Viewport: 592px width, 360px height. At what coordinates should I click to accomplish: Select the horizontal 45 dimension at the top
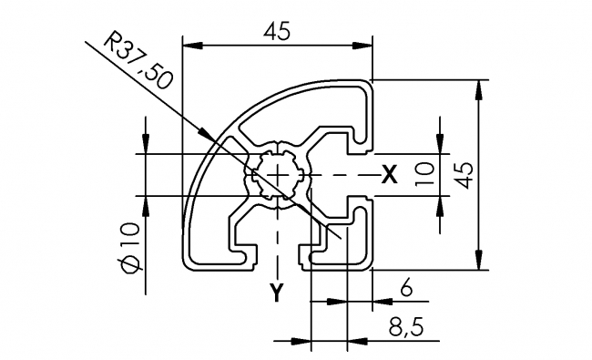(x=278, y=31)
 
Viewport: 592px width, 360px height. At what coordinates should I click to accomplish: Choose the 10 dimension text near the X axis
(x=420, y=173)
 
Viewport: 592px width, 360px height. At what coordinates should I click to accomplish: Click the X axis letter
(x=389, y=174)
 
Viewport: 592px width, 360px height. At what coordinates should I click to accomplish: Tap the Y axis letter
(x=277, y=293)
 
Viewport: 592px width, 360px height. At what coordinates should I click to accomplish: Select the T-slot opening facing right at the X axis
(x=363, y=173)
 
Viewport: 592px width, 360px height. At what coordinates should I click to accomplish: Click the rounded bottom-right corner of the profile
(x=369, y=266)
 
